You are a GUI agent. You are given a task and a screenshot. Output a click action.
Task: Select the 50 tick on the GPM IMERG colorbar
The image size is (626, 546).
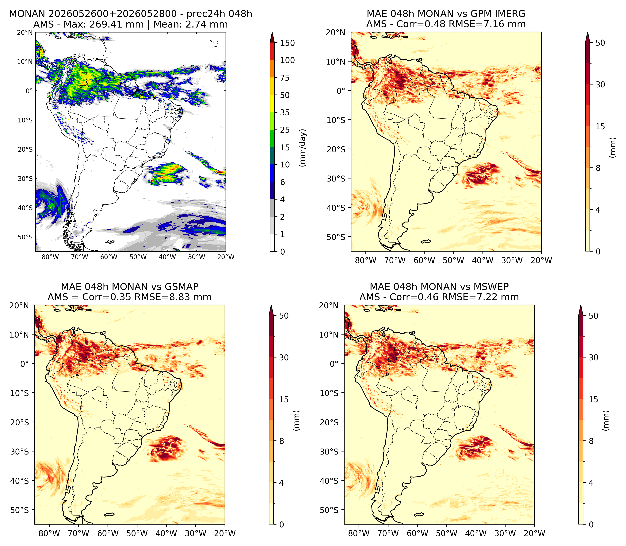tap(600, 43)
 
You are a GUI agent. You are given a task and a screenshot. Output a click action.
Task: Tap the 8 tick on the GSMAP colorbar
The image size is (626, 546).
tap(282, 441)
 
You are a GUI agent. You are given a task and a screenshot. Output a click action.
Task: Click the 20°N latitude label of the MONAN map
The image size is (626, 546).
tap(25, 33)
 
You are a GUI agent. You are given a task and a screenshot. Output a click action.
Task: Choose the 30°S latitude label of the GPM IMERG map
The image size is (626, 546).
tap(336, 178)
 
